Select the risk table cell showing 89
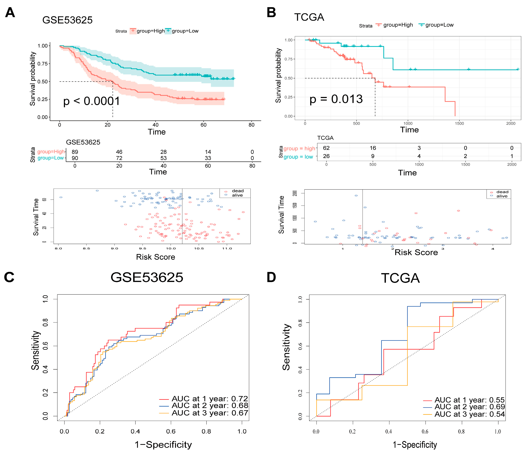click(x=75, y=152)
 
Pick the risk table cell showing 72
click(x=119, y=158)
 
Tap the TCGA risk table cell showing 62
click(x=326, y=148)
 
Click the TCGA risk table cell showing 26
click(x=326, y=156)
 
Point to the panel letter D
click(x=271, y=277)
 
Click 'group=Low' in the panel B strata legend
click(x=439, y=25)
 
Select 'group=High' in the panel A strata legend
click(x=150, y=31)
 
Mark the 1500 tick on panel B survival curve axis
click(x=459, y=123)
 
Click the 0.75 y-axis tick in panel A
click(x=43, y=64)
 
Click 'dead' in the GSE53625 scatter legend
click(x=238, y=191)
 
